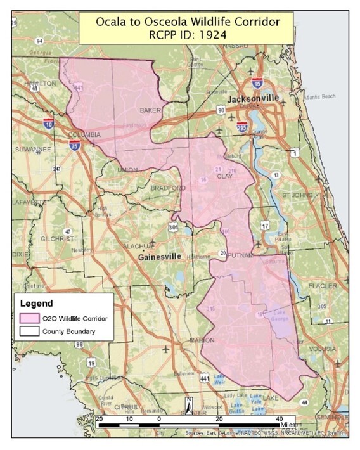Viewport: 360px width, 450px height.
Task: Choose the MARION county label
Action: pyautogui.click(x=202, y=340)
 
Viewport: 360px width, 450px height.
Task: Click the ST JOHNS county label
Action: pyautogui.click(x=294, y=195)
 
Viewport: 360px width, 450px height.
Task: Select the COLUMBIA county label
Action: pyautogui.click(x=84, y=135)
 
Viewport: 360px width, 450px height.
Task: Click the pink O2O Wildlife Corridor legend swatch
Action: pyautogui.click(x=29, y=318)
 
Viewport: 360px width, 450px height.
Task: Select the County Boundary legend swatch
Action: pyautogui.click(x=29, y=331)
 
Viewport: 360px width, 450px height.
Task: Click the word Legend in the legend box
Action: pyautogui.click(x=36, y=302)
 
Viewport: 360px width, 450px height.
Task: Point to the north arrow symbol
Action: pyautogui.click(x=188, y=404)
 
